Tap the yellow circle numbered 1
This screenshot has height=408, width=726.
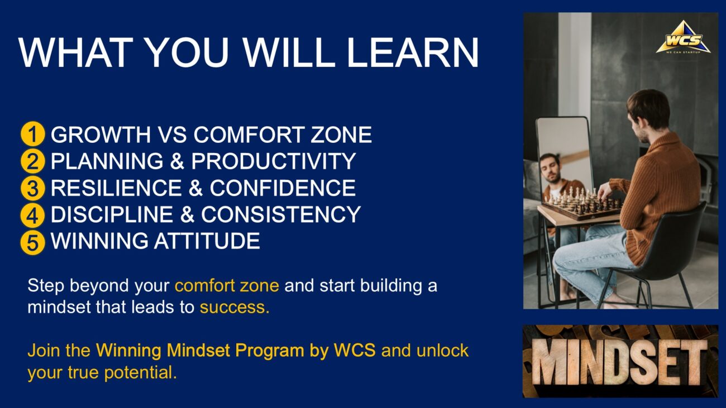(32, 134)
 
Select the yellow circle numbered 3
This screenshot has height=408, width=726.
(32, 188)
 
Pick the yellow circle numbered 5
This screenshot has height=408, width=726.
(32, 242)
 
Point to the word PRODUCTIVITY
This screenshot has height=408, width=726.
(274, 161)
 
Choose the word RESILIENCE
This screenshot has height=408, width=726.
(116, 188)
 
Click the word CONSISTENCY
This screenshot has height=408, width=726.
(281, 214)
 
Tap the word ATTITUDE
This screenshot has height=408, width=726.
(207, 241)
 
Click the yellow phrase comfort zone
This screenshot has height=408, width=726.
(227, 286)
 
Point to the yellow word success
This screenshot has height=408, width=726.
(235, 307)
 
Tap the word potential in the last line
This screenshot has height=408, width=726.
(140, 372)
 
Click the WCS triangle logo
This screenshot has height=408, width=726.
(683, 37)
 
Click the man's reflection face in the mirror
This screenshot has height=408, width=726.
(550, 167)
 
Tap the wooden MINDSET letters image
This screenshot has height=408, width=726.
(620, 361)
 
